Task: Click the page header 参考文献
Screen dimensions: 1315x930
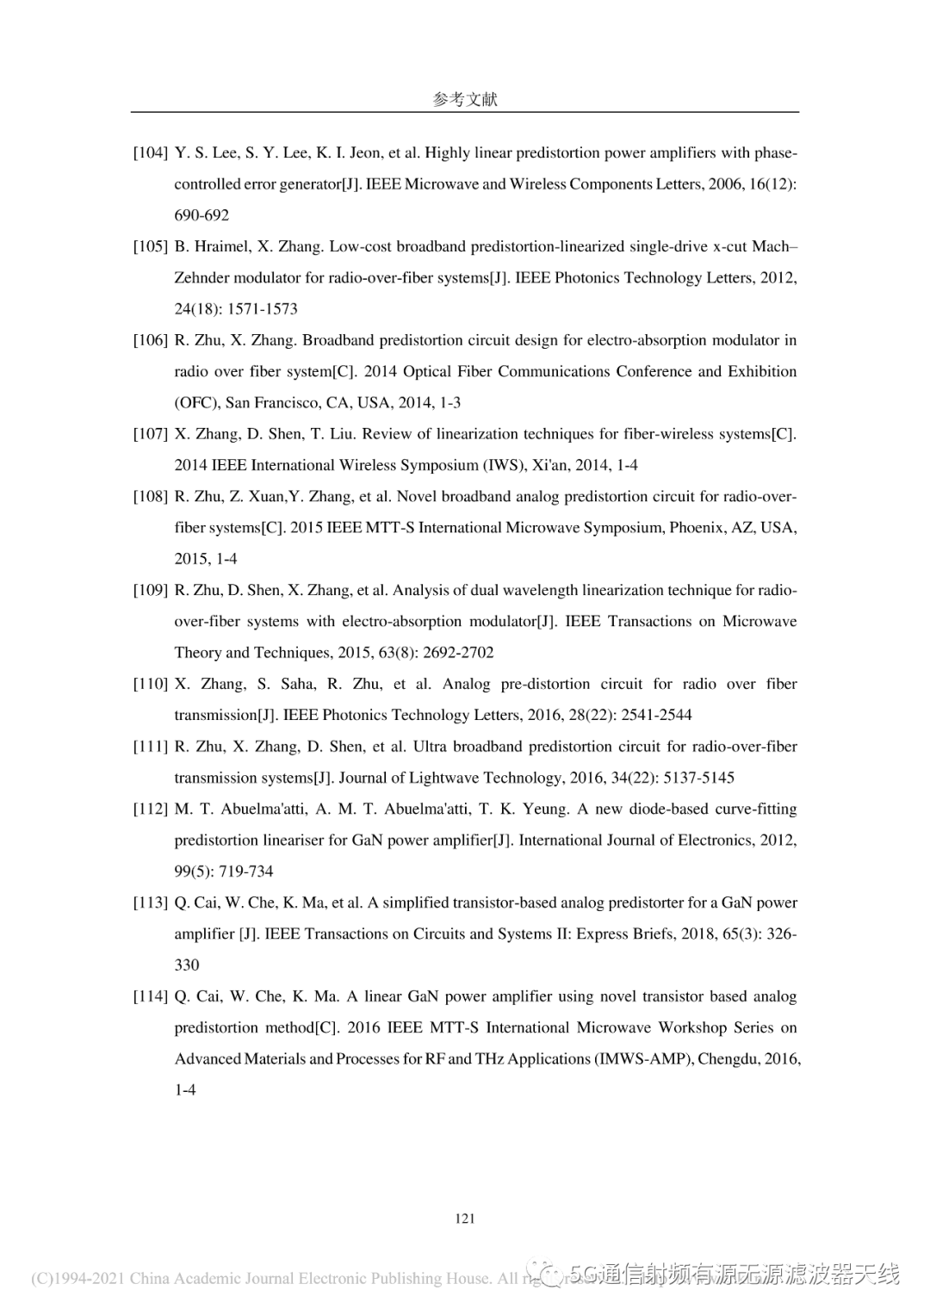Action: coord(464,99)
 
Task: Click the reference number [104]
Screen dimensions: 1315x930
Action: coord(150,153)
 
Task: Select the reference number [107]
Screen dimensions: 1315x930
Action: coord(150,434)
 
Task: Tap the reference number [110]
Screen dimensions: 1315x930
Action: coord(150,684)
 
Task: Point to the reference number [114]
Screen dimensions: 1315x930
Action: coord(150,996)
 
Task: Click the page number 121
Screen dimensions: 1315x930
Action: coord(464,1218)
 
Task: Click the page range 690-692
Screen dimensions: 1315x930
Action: coord(201,215)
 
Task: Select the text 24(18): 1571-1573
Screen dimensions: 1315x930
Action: coord(236,309)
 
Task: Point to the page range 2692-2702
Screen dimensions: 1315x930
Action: coord(460,653)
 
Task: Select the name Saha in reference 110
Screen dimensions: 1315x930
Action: coord(298,684)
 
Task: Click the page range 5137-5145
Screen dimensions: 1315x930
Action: coord(698,778)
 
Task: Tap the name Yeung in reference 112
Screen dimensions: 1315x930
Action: coord(545,809)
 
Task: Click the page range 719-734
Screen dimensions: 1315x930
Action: coord(245,871)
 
